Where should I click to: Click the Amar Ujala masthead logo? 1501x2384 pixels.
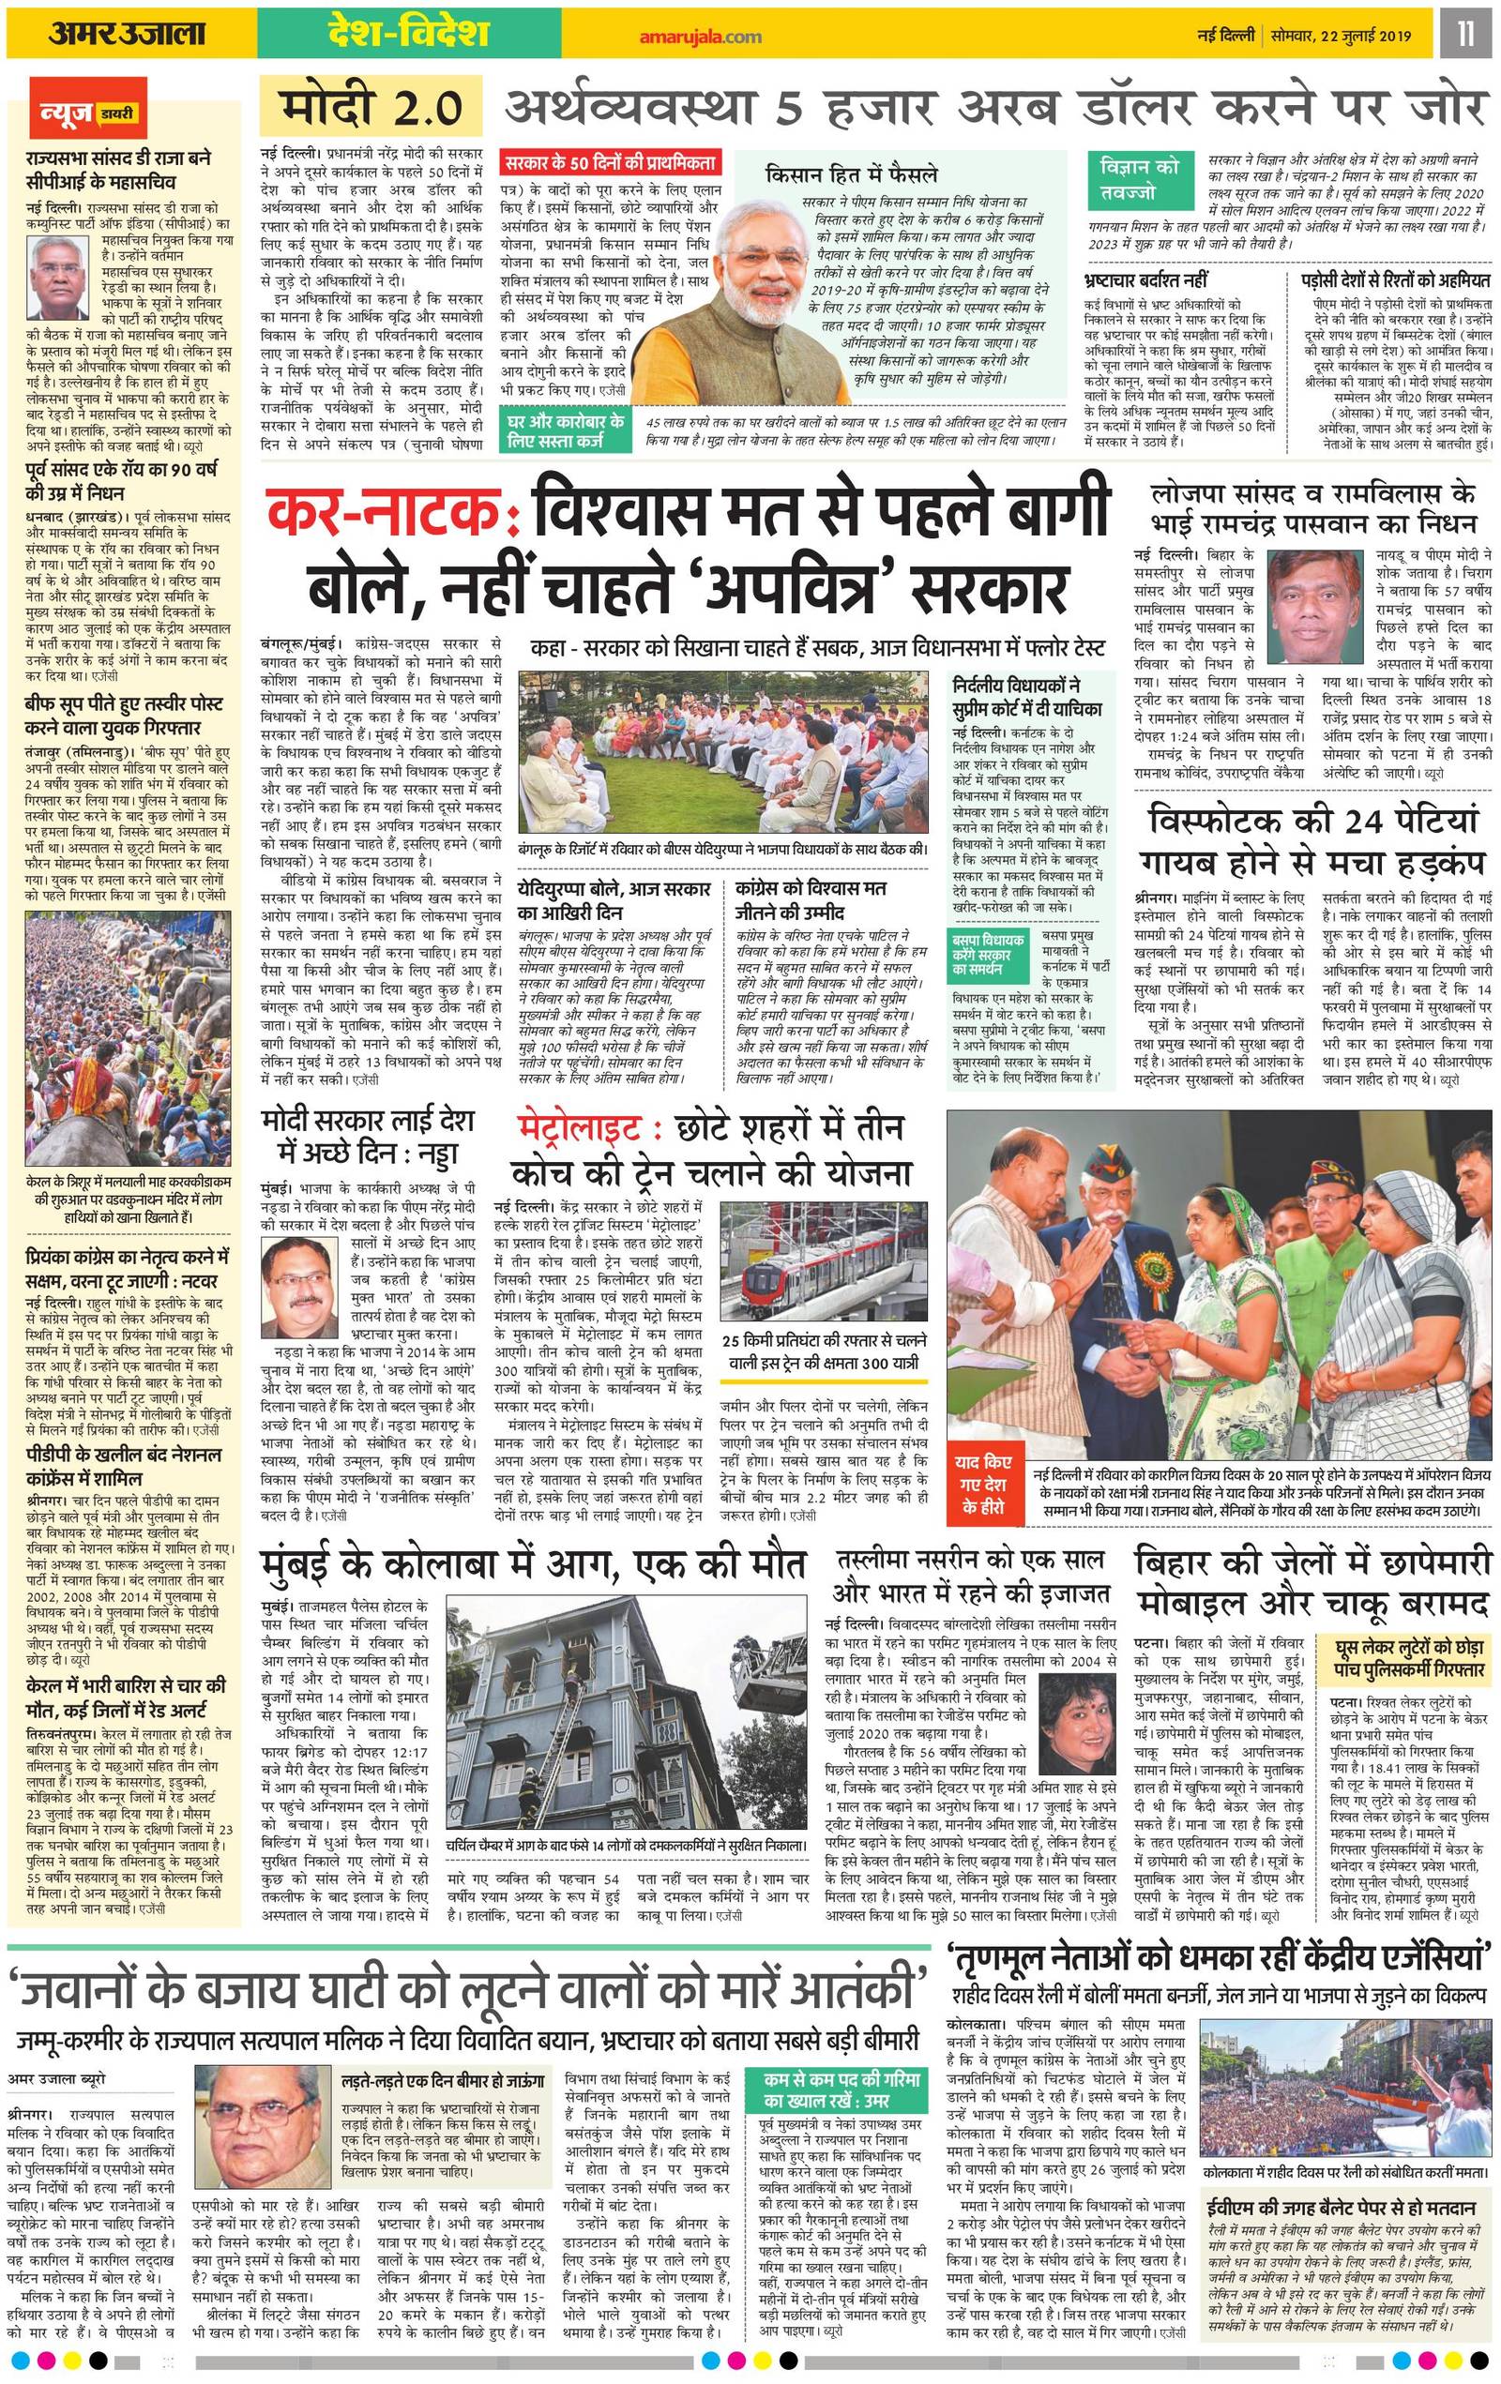coord(126,35)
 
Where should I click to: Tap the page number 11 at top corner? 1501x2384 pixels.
coord(1465,35)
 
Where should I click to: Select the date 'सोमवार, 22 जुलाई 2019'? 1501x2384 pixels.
coord(1350,37)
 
